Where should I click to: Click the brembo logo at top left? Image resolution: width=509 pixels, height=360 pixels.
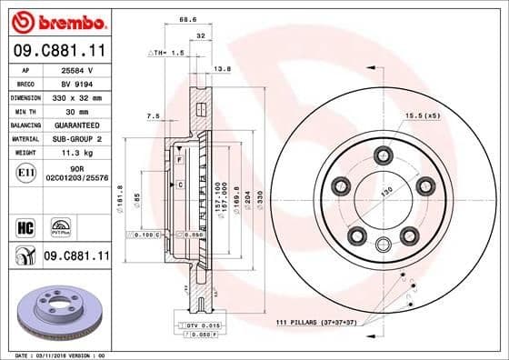click(56, 20)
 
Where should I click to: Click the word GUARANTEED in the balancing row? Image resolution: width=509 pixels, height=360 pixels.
click(80, 125)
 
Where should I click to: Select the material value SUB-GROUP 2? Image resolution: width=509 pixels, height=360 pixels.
click(80, 138)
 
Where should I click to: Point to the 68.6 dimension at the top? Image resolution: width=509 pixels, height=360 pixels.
click(189, 17)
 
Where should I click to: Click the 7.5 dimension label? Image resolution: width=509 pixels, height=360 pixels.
click(153, 116)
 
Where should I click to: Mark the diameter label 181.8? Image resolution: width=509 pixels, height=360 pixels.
click(121, 194)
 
